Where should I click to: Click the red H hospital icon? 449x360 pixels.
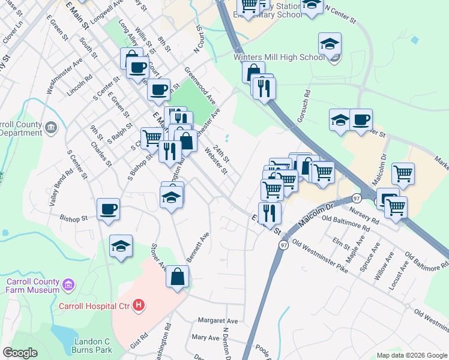(139, 305)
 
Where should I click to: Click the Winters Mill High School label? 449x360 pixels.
(279, 58)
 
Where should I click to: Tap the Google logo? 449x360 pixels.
(20, 353)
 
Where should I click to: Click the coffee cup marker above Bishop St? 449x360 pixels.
(108, 210)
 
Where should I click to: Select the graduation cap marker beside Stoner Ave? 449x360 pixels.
(121, 246)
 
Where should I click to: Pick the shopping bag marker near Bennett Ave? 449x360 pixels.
(178, 278)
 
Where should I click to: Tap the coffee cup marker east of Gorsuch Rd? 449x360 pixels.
(361, 120)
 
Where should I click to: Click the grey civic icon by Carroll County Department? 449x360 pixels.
(51, 127)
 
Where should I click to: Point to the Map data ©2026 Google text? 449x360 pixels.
(411, 355)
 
